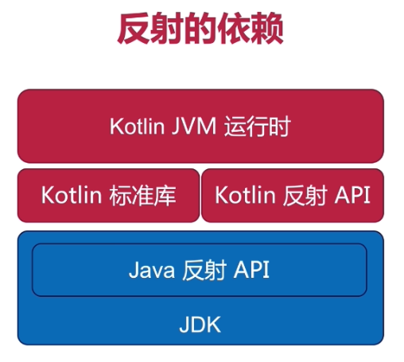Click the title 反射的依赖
200,29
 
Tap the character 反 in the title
134,29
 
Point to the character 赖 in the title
267,29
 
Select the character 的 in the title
200,29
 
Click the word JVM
194,126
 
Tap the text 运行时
258,126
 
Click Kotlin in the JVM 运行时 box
138,126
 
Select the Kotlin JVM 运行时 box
200,126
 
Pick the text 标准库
142,195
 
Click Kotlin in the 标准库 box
72,195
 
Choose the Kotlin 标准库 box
108,195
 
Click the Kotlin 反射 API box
293,195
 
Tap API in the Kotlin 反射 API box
352,195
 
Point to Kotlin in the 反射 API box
245,195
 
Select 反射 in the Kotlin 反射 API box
305,195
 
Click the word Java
152,270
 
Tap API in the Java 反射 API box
251,269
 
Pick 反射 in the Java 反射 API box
204,270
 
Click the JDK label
200,325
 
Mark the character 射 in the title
168,29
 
